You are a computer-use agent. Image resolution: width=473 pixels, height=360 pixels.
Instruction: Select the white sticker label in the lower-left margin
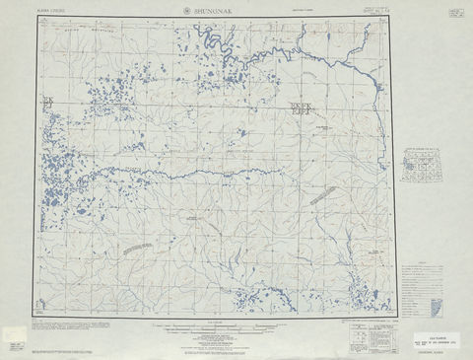click(14, 340)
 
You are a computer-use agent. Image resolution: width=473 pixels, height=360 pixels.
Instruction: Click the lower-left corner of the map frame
click(38, 315)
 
